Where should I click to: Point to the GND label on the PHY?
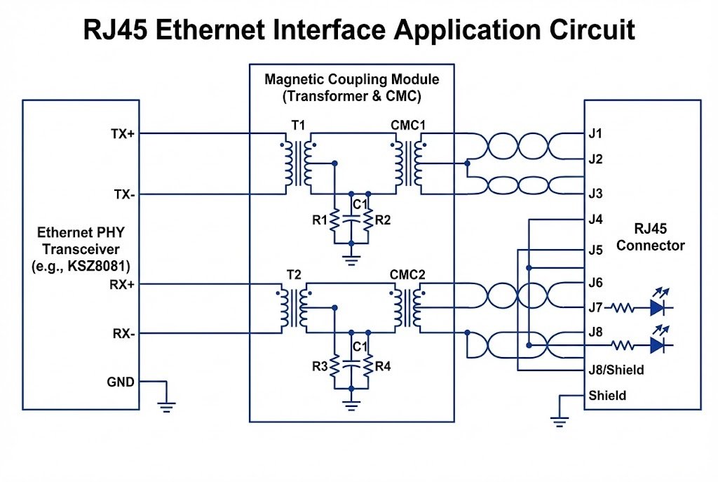121,382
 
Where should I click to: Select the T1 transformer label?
298,125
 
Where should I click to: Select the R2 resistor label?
383,220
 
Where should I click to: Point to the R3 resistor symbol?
335,366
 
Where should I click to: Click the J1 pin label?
596,133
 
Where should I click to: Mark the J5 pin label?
596,250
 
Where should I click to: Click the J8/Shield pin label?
616,370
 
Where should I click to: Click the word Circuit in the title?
586,30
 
